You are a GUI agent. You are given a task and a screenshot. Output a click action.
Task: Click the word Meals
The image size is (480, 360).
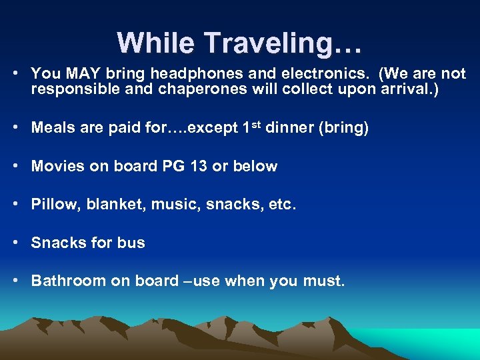(53, 128)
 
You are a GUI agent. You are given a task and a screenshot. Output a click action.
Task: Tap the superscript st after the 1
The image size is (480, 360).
(255, 124)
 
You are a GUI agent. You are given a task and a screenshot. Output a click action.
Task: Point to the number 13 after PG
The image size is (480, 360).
(198, 166)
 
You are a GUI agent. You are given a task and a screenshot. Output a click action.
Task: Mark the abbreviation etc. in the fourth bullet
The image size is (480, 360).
(280, 204)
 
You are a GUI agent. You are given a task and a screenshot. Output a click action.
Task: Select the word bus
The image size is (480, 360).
(131, 243)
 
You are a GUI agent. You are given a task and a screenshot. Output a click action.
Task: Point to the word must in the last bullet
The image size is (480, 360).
(323, 281)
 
